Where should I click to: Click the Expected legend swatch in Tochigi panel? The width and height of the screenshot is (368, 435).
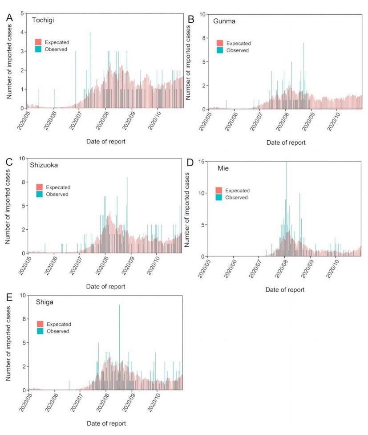pyautogui.click(x=38, y=42)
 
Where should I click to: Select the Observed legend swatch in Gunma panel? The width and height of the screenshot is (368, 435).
pyautogui.click(x=220, y=50)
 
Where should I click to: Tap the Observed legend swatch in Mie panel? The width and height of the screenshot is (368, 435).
pyautogui.click(x=218, y=197)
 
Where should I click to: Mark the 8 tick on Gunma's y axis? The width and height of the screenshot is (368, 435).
pyautogui.click(x=203, y=38)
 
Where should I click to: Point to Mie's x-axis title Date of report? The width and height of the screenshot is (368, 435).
pyautogui.click(x=285, y=289)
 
